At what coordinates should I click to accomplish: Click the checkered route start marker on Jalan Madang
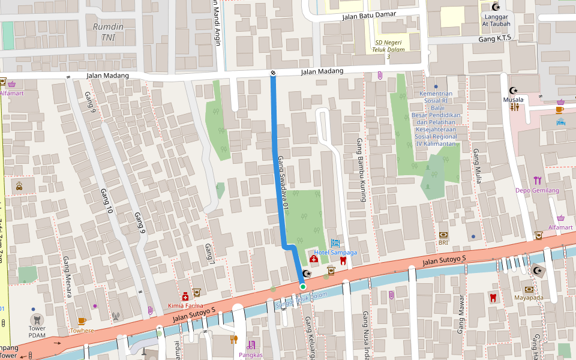(x=274, y=73)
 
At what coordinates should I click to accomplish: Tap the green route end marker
(x=303, y=287)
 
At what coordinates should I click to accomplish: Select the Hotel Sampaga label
(x=335, y=253)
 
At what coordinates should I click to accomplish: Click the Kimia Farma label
(x=185, y=306)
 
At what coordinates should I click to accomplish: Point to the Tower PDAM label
(x=37, y=331)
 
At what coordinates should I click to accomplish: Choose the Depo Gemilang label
(x=537, y=191)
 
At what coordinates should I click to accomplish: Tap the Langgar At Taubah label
(x=496, y=20)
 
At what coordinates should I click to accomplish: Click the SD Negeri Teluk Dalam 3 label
(x=388, y=49)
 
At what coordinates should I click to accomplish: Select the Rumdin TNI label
(x=108, y=32)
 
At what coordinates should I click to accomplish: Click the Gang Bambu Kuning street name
(x=362, y=169)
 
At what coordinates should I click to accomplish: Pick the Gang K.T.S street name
(x=494, y=38)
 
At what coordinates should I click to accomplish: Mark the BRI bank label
(x=443, y=242)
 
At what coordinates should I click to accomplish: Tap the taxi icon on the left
(x=19, y=185)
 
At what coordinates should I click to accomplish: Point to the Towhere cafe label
(x=82, y=331)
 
